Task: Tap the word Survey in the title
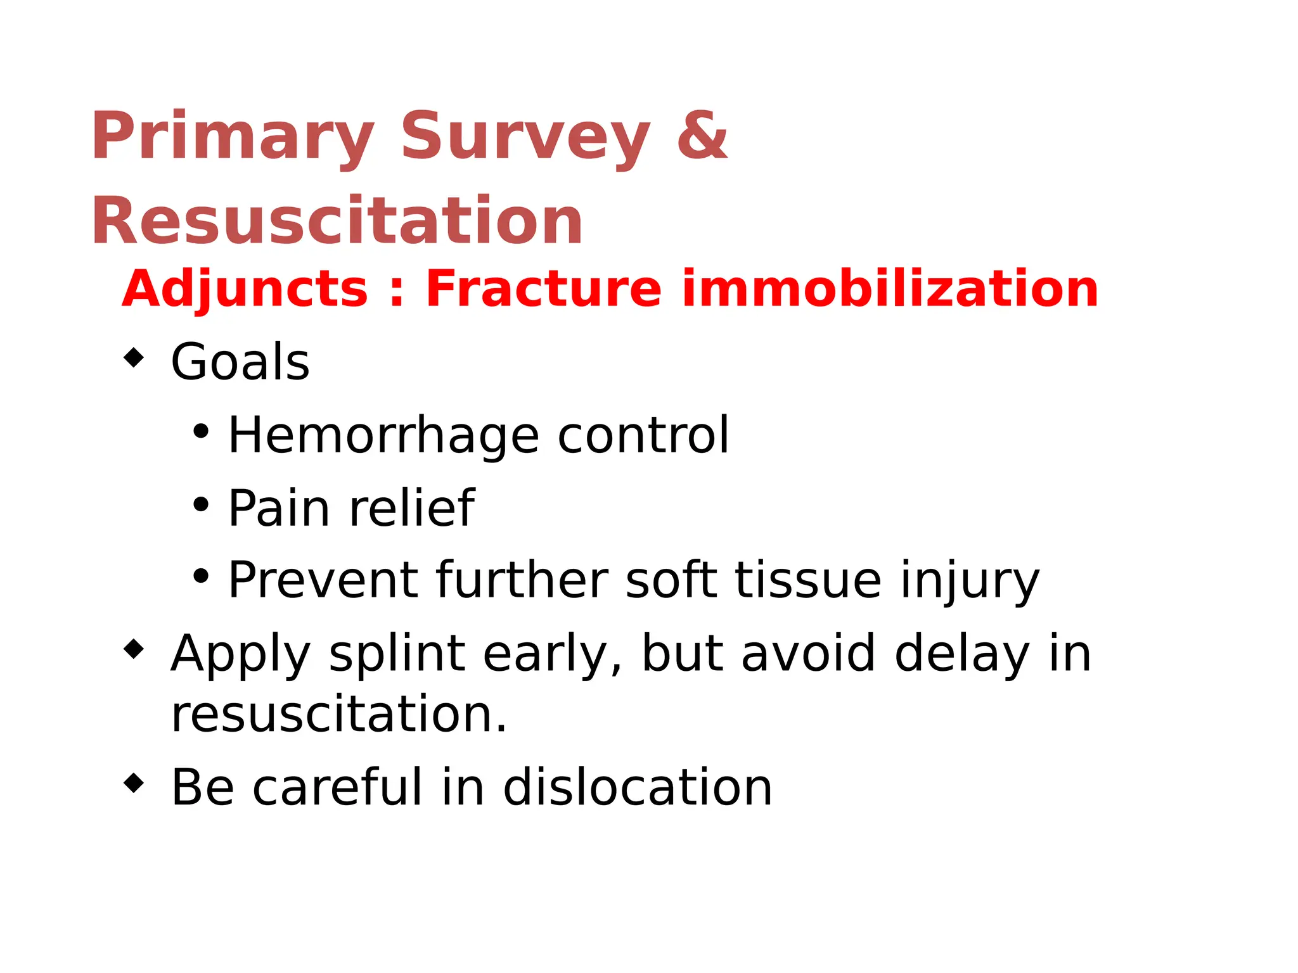[x=525, y=136]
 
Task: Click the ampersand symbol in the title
[x=702, y=135]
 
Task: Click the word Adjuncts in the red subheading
[x=245, y=289]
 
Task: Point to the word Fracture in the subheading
[x=544, y=289]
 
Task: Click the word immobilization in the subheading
[x=890, y=289]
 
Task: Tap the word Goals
[x=240, y=362]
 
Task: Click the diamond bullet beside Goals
[x=134, y=358]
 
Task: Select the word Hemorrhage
[x=383, y=436]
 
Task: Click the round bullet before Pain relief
[x=201, y=505]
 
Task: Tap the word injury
[x=970, y=582]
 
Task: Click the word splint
[x=397, y=654]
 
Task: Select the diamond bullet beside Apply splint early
[x=134, y=649]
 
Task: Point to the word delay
[x=962, y=654]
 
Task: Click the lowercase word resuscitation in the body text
[x=339, y=715]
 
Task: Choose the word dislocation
[x=638, y=787]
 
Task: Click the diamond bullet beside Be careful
[x=134, y=784]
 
